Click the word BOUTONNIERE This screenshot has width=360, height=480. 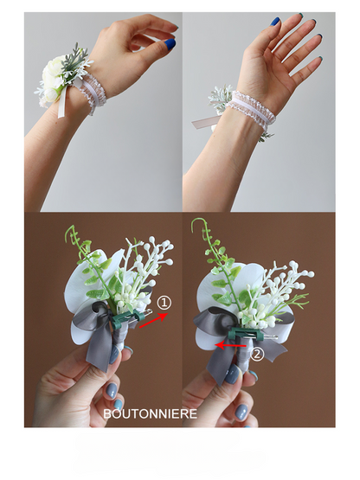[x=150, y=413]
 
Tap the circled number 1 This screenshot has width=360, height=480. [x=164, y=303]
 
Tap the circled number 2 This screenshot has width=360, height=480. [x=257, y=355]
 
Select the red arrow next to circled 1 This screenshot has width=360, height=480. [x=154, y=320]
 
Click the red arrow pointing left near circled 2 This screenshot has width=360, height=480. [x=230, y=345]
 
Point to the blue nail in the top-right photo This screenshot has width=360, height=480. [x=275, y=22]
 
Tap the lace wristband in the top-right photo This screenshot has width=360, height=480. [x=251, y=110]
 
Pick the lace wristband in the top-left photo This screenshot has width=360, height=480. [x=93, y=93]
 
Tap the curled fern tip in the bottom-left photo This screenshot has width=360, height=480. [x=70, y=232]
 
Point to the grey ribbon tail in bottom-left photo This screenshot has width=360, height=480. [x=98, y=352]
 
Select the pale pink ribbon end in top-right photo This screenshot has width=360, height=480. [x=202, y=123]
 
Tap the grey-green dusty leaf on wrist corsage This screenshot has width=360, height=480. [x=74, y=59]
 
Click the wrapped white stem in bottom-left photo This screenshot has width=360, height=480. [x=122, y=336]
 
